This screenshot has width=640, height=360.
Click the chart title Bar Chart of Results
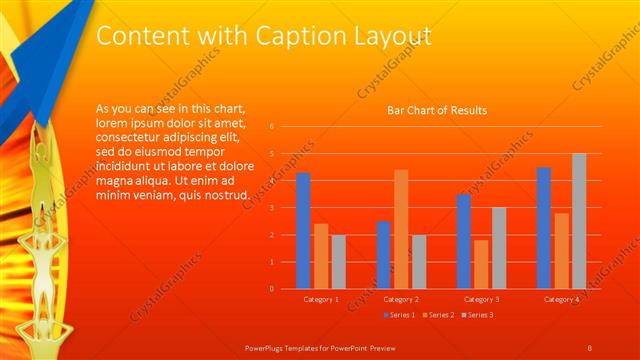point(437,111)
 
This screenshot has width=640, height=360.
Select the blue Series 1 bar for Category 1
point(303,230)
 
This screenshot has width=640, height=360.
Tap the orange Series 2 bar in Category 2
point(401,229)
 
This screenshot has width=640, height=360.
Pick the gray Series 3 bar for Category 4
point(579,220)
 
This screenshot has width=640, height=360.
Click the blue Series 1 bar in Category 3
point(464,241)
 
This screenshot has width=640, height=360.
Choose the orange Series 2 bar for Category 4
point(561,250)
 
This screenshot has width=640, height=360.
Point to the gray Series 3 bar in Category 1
point(339,261)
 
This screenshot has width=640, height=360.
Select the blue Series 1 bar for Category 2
point(383,254)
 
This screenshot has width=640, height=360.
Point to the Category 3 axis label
point(482,299)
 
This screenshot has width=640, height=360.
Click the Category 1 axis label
point(321,299)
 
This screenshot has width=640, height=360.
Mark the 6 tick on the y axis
point(272,127)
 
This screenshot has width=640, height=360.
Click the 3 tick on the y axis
point(272,208)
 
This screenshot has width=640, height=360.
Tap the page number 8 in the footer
point(590,346)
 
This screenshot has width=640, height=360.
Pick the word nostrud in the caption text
point(219,194)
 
